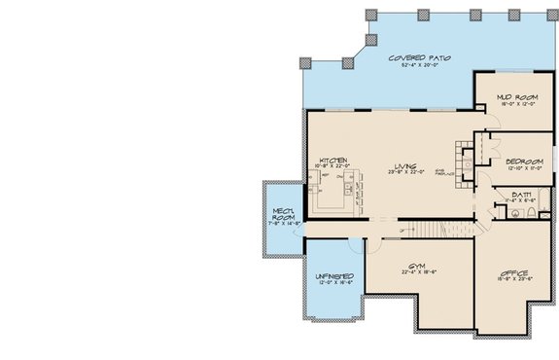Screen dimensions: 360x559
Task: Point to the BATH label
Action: (521, 195)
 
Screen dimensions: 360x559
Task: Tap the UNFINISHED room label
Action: (333, 276)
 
